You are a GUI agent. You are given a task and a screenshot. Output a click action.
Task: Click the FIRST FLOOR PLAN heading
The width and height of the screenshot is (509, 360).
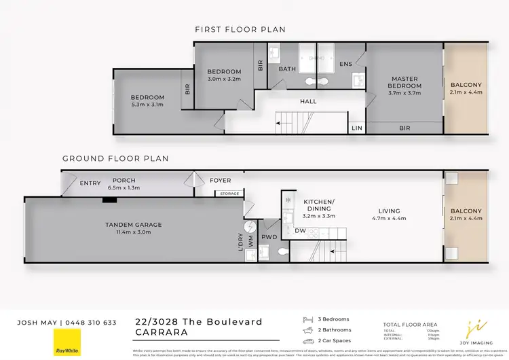click(x=240, y=29)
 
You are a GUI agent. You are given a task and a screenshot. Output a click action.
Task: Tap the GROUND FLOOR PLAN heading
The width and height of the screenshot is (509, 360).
click(x=115, y=158)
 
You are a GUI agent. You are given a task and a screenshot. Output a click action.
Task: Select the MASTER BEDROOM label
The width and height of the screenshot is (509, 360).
click(x=404, y=82)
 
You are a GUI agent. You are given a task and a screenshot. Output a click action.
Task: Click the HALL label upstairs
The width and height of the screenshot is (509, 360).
click(x=308, y=102)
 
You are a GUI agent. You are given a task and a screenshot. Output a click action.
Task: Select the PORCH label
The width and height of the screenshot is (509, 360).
click(x=124, y=181)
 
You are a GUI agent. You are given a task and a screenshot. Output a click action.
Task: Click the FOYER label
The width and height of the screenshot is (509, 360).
click(x=220, y=181)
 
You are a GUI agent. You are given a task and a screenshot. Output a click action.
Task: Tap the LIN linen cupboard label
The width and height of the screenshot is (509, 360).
click(x=356, y=127)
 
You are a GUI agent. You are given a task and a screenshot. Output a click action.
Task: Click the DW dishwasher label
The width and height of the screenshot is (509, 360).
click(x=300, y=231)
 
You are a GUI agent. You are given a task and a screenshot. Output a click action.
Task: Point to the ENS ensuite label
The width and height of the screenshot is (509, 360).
click(x=345, y=65)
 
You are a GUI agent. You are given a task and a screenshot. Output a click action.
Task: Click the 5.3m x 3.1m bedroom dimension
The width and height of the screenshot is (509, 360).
click(x=147, y=105)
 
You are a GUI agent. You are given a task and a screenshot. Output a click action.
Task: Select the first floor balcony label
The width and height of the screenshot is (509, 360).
click(x=466, y=85)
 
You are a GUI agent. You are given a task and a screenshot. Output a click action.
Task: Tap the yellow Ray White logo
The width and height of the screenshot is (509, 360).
click(x=67, y=342)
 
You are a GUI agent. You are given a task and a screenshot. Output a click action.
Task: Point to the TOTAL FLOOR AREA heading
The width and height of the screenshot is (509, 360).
click(x=409, y=325)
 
